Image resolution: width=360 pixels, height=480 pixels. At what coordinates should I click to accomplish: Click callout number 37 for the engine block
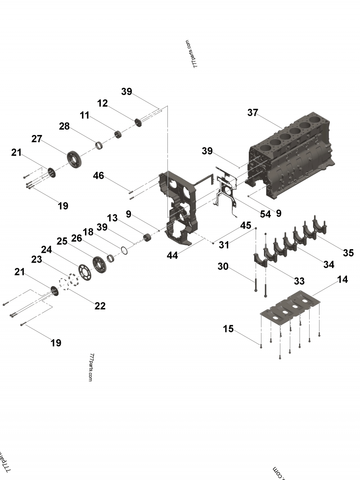point(252,112)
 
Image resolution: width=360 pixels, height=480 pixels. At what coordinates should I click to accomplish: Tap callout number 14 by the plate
point(342,279)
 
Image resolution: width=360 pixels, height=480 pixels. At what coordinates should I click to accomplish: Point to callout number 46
point(98,175)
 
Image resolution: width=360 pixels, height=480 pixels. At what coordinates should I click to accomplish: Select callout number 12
point(103,103)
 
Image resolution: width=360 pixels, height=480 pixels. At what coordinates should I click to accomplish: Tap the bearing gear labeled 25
point(99,262)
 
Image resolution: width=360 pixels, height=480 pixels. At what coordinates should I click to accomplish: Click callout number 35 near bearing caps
point(348,253)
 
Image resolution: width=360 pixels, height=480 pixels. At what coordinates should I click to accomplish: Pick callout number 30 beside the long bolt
point(223,266)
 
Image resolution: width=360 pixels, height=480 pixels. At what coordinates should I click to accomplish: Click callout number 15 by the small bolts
point(228,329)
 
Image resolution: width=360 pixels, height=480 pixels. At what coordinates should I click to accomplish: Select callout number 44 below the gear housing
point(172,255)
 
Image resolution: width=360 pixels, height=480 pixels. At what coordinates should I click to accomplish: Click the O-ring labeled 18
point(124,249)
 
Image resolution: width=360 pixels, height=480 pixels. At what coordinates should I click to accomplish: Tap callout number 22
point(100,306)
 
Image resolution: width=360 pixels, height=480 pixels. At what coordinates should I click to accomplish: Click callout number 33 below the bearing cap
point(299,281)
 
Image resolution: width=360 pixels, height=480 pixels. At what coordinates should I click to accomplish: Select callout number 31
point(224,245)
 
